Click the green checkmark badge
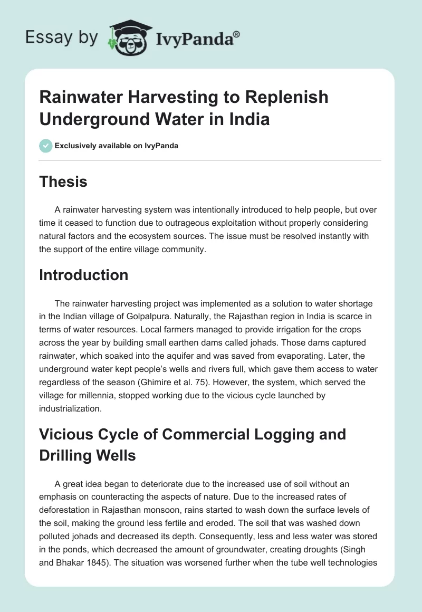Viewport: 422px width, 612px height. pyautogui.click(x=45, y=146)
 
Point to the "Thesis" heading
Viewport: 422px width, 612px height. pyautogui.click(x=63, y=181)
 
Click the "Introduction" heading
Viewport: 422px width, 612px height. pyautogui.click(x=84, y=275)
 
